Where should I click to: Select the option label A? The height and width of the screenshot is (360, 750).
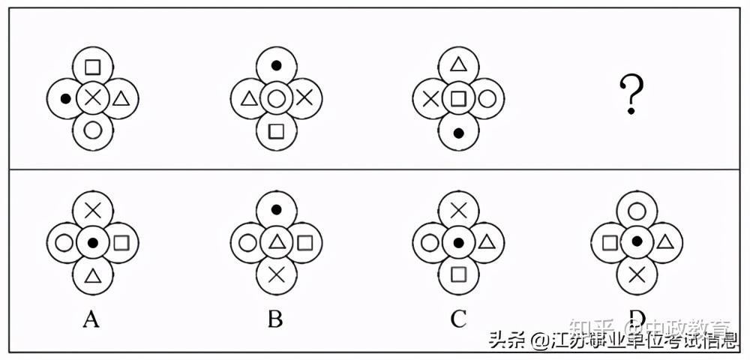click(x=91, y=320)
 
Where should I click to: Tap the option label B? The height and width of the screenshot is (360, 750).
click(x=275, y=320)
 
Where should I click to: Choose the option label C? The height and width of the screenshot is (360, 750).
click(x=458, y=320)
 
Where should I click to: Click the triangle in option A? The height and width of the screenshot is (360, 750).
click(x=92, y=275)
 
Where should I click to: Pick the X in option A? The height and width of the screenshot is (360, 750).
click(x=92, y=211)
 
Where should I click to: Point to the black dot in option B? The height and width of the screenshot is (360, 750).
click(x=275, y=209)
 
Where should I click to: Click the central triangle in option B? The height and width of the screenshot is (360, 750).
click(x=275, y=242)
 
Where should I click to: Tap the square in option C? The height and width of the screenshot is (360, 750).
click(x=458, y=275)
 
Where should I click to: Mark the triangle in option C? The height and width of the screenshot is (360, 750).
click(x=485, y=242)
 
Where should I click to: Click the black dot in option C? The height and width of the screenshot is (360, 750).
click(x=458, y=242)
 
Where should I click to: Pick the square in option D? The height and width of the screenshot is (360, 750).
click(x=610, y=242)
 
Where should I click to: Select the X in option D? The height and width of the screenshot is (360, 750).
click(x=637, y=275)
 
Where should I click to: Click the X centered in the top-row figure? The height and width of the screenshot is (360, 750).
click(x=92, y=97)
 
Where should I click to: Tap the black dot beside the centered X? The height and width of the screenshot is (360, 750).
click(x=65, y=97)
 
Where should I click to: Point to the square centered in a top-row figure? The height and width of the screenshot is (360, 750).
click(x=458, y=97)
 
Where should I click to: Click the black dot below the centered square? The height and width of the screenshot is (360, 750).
click(x=458, y=132)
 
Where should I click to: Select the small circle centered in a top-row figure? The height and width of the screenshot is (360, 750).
click(x=275, y=97)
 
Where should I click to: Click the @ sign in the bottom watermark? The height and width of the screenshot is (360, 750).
click(x=539, y=341)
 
